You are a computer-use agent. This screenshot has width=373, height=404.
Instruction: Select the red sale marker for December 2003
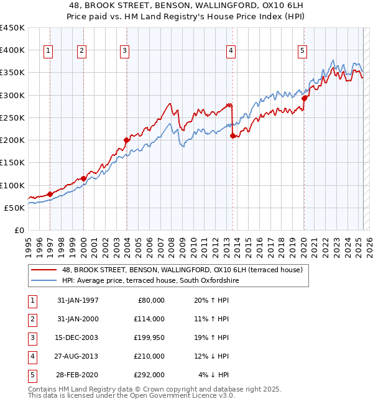126,140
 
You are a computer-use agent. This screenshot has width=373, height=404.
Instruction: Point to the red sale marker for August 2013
233,135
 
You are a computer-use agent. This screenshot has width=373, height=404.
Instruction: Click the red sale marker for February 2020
304,98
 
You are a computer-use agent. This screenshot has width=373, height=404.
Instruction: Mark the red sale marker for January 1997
50,194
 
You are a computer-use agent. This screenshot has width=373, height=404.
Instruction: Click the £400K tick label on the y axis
12,50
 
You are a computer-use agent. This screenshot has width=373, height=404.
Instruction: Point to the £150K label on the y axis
12,163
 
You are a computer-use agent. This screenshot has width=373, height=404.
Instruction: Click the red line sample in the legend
44,270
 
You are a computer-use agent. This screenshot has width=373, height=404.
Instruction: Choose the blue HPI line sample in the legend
44,281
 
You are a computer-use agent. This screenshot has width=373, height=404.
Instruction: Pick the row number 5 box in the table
32,375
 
